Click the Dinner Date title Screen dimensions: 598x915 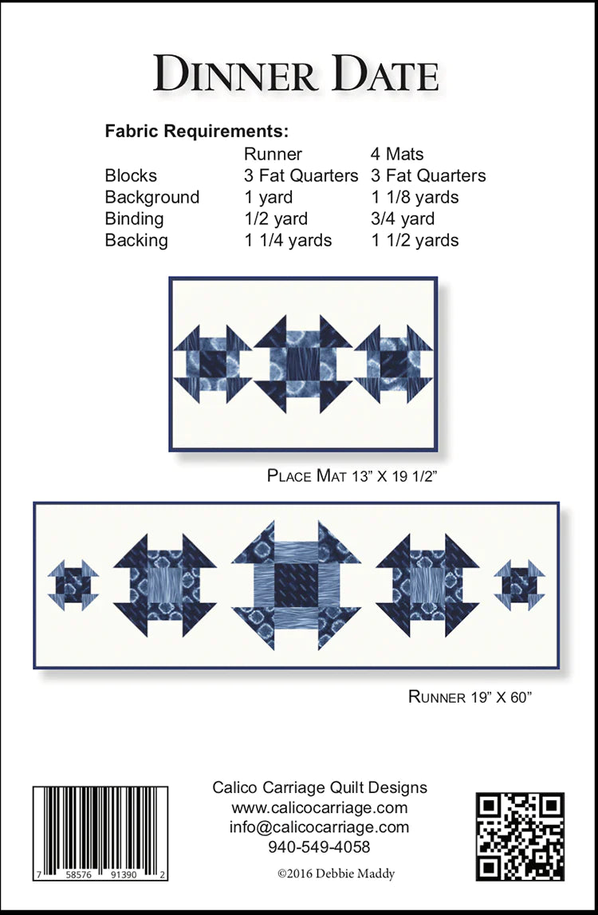(296, 74)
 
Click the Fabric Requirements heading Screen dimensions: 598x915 (197, 132)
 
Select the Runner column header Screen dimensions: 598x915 (273, 154)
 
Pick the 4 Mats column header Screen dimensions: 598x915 (397, 154)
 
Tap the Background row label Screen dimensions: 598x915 (151, 197)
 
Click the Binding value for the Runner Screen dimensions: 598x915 (276, 219)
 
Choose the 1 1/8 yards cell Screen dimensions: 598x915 (415, 197)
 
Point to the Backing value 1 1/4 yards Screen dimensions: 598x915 (288, 240)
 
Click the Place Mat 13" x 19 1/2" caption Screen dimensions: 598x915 (352, 475)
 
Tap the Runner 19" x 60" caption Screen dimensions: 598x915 (470, 696)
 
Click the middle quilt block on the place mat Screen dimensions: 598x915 (303, 364)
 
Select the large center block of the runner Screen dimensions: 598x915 (297, 586)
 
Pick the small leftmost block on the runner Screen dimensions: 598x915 (73, 586)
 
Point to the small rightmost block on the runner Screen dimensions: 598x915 (519, 586)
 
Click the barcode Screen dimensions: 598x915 (100, 834)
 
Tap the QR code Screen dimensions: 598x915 (521, 836)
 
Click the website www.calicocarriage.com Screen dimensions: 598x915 (320, 808)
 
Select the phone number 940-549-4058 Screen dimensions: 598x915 (319, 846)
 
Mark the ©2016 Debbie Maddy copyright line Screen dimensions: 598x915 (336, 874)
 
